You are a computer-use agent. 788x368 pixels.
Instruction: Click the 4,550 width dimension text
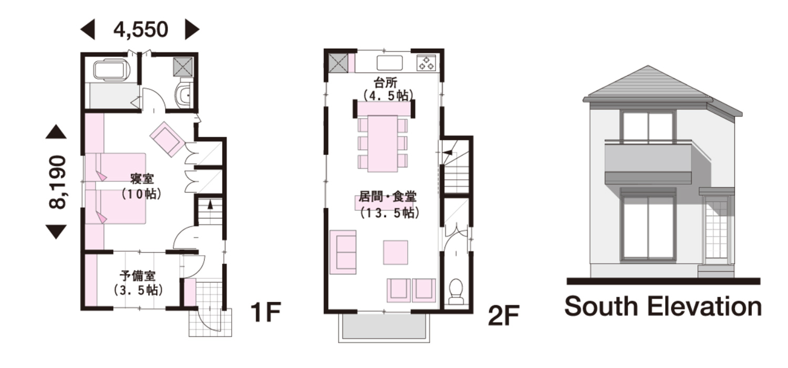pyautogui.click(x=141, y=30)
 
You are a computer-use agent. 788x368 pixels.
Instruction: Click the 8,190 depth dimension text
pyautogui.click(x=57, y=182)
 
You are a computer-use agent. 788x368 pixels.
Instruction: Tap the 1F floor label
pyautogui.click(x=266, y=312)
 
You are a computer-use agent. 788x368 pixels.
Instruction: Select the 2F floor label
pyautogui.click(x=504, y=315)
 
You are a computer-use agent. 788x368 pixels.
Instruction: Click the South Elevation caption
pyautogui.click(x=663, y=306)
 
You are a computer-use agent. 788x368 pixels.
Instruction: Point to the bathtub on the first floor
pyautogui.click(x=112, y=70)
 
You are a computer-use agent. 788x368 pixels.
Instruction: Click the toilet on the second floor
pyautogui.click(x=457, y=291)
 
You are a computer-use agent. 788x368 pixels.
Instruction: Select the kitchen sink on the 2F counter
pyautogui.click(x=390, y=63)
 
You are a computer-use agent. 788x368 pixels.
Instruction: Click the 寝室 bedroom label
pyautogui.click(x=142, y=179)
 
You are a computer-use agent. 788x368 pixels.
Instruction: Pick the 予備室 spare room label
pyautogui.click(x=138, y=275)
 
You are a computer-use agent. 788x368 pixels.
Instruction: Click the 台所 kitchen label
pyautogui.click(x=386, y=83)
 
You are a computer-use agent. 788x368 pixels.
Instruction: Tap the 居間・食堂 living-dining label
pyautogui.click(x=387, y=197)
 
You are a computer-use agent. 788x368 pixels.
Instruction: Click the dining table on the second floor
pyautogui.click(x=383, y=144)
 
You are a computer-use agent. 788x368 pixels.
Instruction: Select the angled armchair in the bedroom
pyautogui.click(x=168, y=139)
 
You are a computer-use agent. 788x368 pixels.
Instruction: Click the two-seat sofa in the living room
pyautogui.click(x=343, y=252)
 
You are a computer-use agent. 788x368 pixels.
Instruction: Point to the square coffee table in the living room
pyautogui.click(x=396, y=252)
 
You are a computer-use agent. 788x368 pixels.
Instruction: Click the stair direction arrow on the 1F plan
pyautogui.click(x=210, y=205)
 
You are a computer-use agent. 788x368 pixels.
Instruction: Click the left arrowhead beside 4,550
pyautogui.click(x=88, y=30)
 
